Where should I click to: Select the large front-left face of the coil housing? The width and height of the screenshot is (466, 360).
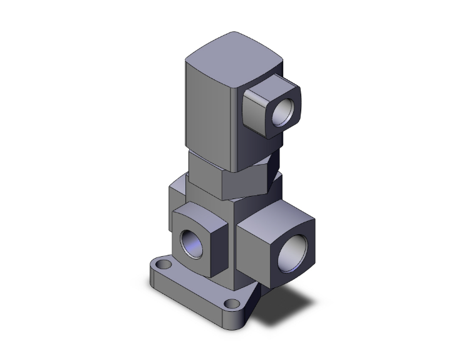[x=210, y=113]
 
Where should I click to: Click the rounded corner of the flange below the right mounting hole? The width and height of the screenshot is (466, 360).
[x=241, y=319]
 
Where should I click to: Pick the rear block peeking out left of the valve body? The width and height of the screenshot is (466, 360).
[x=176, y=194]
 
